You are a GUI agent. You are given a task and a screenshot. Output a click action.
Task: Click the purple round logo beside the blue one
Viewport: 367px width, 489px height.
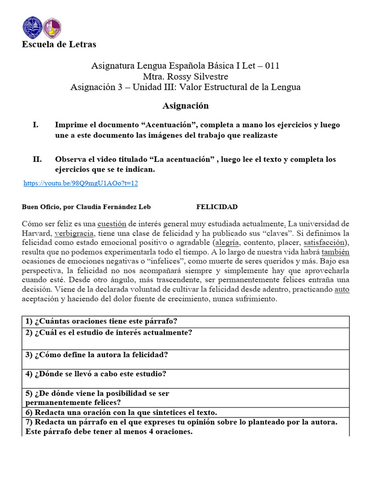(52, 28)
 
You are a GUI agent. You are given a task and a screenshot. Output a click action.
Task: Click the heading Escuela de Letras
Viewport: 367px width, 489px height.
(59, 44)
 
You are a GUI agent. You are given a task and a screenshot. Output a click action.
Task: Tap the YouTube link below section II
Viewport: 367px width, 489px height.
(81, 183)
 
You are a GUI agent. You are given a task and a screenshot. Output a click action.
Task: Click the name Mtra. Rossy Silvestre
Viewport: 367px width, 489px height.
(185, 76)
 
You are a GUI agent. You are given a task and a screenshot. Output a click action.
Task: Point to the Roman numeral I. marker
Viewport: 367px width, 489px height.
(35, 125)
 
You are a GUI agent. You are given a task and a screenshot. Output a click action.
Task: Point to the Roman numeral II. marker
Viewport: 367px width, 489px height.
(37, 159)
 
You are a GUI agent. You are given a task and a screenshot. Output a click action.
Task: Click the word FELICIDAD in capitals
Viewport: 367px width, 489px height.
(216, 207)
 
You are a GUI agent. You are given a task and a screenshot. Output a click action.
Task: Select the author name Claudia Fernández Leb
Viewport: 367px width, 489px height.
(112, 207)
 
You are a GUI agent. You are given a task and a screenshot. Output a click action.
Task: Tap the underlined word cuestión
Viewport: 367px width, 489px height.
(115, 223)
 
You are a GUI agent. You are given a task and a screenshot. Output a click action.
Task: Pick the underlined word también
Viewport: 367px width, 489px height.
(335, 252)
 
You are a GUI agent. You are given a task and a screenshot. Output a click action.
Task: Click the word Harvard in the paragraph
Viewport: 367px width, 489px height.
(37, 233)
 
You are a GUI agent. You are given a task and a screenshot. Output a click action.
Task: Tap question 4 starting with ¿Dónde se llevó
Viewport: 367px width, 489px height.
(96, 374)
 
